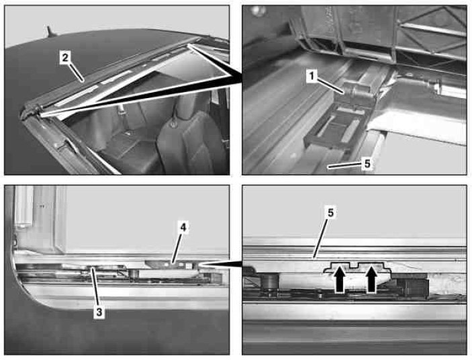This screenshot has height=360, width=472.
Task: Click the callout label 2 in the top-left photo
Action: click(65, 58)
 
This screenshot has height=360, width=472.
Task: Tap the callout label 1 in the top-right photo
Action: click(312, 76)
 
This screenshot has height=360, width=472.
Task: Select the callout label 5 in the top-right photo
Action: click(367, 164)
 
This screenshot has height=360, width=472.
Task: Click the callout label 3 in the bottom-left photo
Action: click(99, 312)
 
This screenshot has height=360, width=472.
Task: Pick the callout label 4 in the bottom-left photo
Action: click(183, 228)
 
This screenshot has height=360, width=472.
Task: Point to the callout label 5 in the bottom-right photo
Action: click(331, 213)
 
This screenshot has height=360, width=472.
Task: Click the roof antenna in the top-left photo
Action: click(50, 32)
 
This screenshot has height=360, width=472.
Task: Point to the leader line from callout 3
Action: click(95, 287)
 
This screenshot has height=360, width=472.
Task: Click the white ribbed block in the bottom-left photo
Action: click(25, 206)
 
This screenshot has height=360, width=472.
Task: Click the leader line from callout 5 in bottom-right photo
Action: click(322, 238)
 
